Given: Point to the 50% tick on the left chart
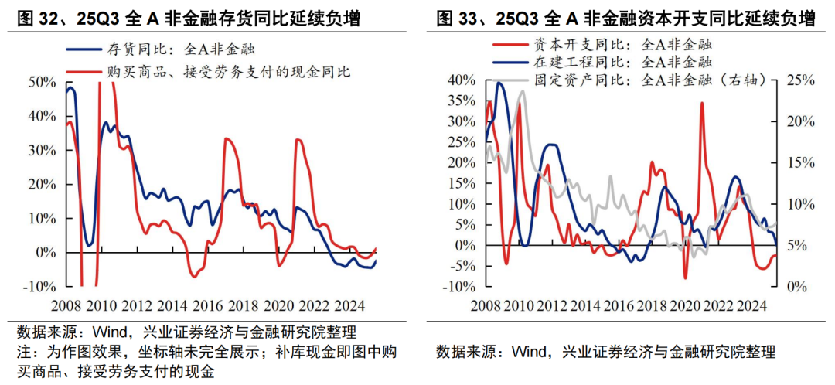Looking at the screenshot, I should coord(40,82).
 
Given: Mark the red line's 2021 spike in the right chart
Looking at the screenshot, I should coord(702,103).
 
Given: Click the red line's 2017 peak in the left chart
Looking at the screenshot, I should coord(226,138).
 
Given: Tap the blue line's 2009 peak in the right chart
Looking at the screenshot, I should coord(499,82).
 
